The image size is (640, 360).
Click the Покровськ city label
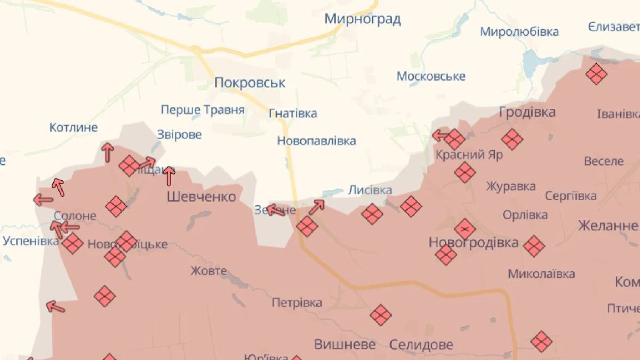250,83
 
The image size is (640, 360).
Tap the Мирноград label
363,20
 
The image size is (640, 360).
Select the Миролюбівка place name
519,31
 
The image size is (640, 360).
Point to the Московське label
431,76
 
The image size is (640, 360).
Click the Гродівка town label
527,112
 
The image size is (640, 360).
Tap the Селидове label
421,345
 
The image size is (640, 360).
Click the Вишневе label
345,344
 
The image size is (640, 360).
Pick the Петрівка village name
297,303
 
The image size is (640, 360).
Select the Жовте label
209,271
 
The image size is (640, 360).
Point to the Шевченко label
201,197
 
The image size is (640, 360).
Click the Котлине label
74,127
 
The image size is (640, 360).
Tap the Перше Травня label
203,110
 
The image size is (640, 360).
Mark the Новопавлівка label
316,141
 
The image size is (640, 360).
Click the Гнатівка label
293,113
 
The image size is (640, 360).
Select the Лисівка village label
370,190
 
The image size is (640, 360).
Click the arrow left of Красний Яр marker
440,135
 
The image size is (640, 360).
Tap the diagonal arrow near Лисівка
316,206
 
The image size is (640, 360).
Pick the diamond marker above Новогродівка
465,229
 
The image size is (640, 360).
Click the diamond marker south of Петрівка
380,315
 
